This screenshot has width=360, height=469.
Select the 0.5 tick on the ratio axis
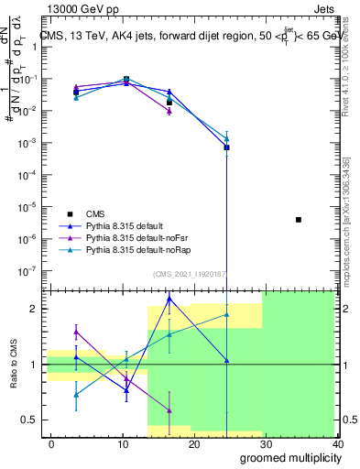pos(30,420)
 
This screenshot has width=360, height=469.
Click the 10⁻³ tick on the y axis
pos(28,143)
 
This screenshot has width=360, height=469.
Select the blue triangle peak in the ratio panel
pos(169,299)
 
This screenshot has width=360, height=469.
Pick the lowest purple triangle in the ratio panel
pos(169,409)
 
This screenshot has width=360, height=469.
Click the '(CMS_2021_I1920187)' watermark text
pos(189,274)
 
